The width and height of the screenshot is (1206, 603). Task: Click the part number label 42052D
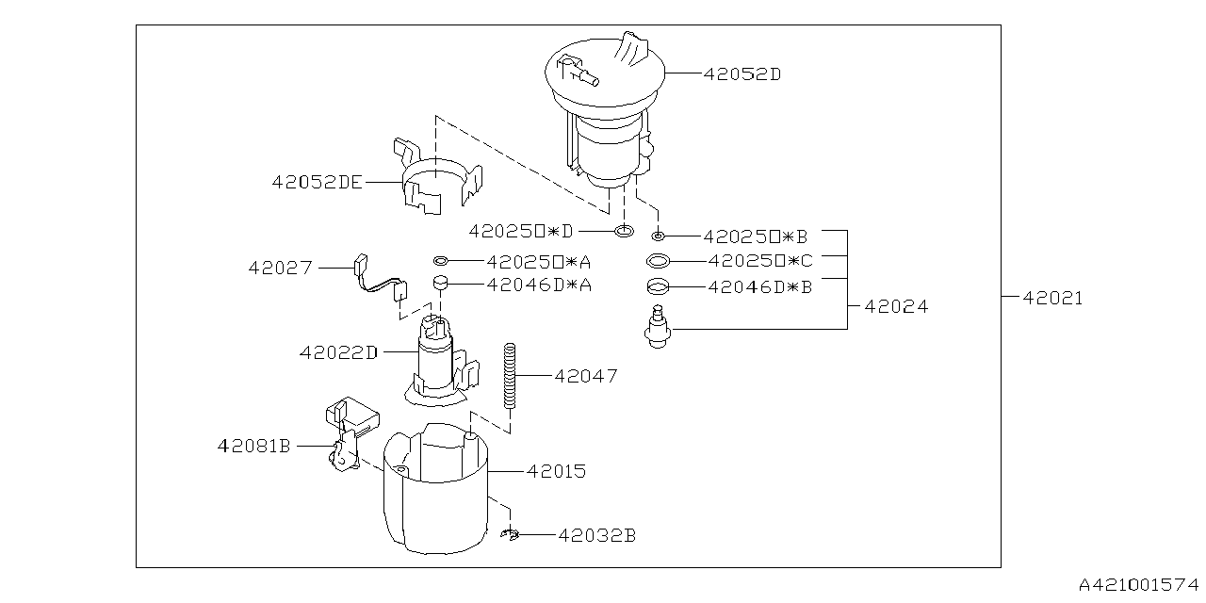742,73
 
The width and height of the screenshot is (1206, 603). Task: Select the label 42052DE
317,184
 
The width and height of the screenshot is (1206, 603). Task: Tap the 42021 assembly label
1053,299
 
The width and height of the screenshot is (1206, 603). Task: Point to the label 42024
896,307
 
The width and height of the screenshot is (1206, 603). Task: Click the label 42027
280,268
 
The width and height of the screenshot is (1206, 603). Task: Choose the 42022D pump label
338,353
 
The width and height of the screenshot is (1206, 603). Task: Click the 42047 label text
586,376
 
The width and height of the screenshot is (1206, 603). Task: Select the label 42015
556,470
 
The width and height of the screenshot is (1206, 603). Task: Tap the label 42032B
596,535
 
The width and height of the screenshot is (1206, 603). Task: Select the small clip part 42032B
510,535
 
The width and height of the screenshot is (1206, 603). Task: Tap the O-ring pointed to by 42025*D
623,231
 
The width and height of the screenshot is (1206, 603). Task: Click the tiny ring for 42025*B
659,236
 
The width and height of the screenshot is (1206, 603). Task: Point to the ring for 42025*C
660,261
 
